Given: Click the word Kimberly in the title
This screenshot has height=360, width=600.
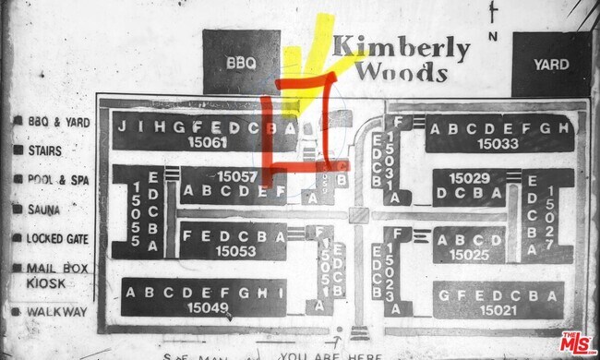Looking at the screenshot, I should (x=401, y=48).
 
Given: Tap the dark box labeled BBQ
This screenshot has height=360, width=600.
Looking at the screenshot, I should (x=241, y=64).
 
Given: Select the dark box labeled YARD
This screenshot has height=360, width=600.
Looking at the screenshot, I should (x=551, y=65).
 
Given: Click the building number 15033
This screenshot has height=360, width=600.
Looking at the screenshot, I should (x=498, y=144).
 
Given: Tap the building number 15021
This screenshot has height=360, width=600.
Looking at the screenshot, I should (x=496, y=308).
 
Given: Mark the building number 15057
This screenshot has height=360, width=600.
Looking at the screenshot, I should (x=236, y=175).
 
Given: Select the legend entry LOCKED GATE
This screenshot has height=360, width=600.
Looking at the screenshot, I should (x=57, y=239).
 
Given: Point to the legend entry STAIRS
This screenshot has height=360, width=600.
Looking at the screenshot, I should (x=46, y=150).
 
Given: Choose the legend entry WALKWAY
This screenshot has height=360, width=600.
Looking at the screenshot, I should (x=55, y=312).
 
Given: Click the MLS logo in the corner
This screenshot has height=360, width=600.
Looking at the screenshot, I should (x=578, y=343).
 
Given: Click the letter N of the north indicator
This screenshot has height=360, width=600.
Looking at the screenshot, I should (x=494, y=36).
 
